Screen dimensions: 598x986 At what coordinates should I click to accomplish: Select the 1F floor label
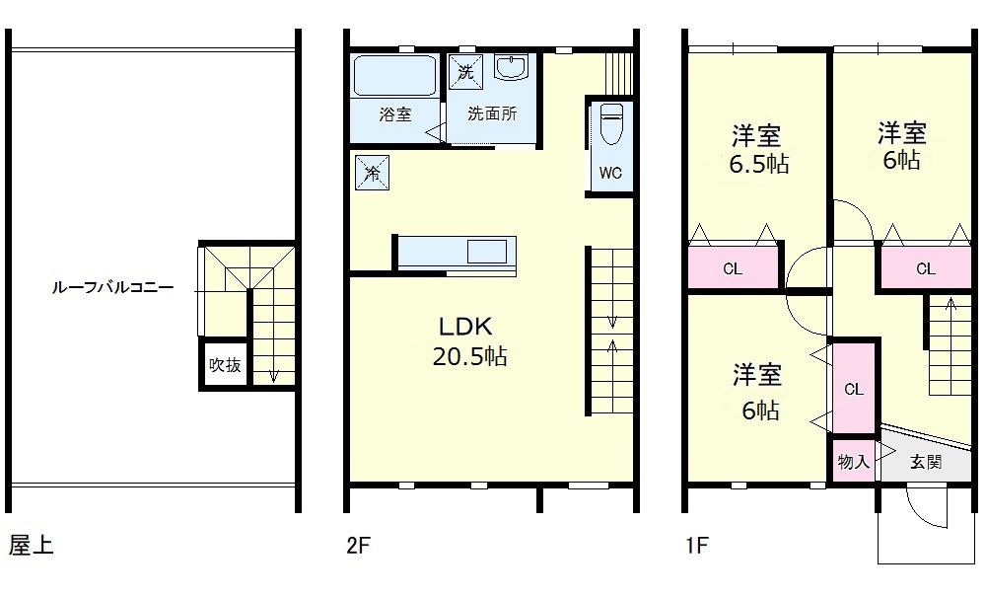(696, 546)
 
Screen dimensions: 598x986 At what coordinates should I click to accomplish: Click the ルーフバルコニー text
(113, 289)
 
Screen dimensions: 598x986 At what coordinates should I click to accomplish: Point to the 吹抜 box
(225, 364)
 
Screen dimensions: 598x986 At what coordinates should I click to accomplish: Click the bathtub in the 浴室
(394, 75)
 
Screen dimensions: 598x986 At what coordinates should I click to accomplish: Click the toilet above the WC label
(610, 125)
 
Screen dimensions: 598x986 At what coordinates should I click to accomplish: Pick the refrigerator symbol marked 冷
(372, 173)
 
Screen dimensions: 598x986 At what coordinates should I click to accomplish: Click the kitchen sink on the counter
(486, 252)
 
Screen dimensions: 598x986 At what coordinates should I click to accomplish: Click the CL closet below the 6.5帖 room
(733, 268)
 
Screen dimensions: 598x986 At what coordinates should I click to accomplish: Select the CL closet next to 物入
(854, 389)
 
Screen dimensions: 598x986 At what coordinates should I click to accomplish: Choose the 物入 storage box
(853, 461)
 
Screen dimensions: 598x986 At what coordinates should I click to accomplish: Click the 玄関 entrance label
(925, 461)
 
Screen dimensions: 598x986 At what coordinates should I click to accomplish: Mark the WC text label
(610, 174)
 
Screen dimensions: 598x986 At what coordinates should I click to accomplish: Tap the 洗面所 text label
(491, 113)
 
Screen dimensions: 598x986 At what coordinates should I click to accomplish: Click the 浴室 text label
(395, 113)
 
